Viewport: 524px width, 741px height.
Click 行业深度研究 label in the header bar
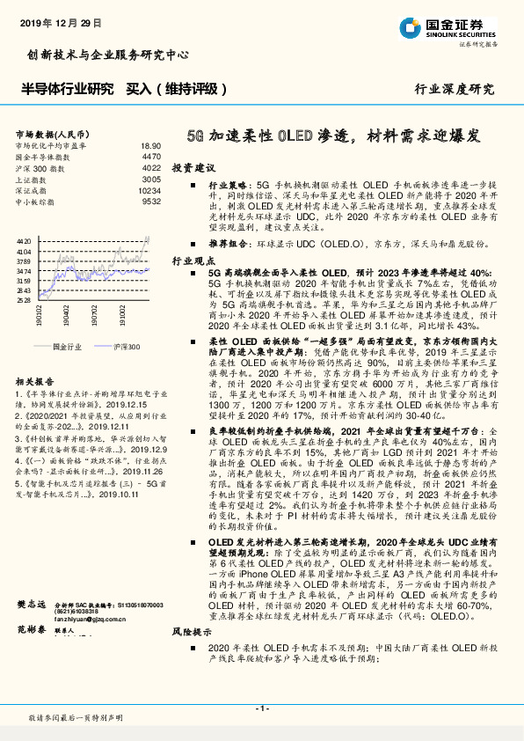click(455, 89)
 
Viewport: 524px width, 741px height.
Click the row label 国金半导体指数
click(45, 156)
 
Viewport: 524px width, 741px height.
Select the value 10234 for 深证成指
click(149, 190)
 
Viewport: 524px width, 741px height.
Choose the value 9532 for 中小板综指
click(151, 202)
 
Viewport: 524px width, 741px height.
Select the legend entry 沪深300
click(122, 347)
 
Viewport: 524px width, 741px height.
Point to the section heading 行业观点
click(193, 262)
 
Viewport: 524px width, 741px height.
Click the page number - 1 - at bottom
click(261, 708)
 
